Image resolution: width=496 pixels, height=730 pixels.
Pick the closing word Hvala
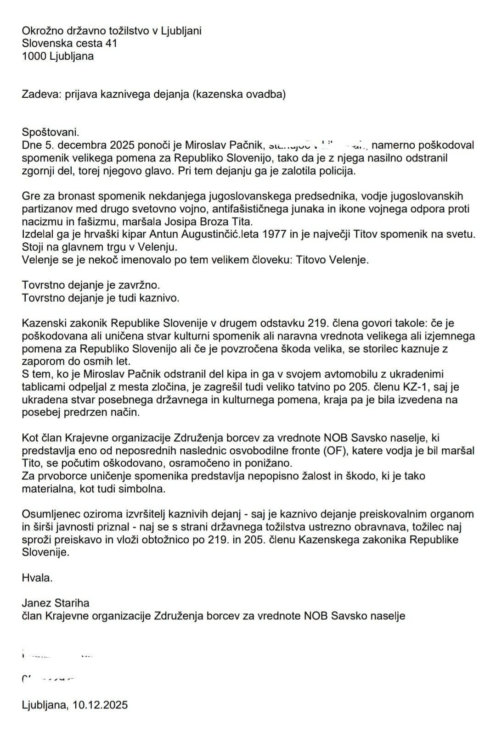click(x=37, y=578)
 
